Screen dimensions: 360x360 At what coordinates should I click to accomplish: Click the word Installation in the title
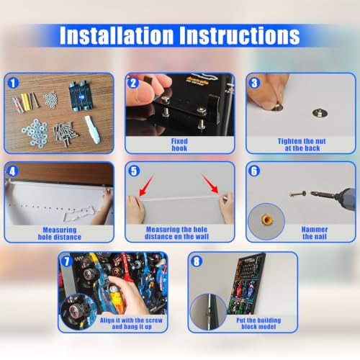point(117,35)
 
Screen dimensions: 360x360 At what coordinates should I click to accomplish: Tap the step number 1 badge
point(13,83)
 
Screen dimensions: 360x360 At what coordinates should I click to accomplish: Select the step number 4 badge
point(12,171)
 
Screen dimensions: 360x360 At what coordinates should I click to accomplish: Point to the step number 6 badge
point(254,171)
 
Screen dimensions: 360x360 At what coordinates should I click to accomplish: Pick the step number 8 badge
point(197,261)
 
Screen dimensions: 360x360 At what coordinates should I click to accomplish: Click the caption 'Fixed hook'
point(179,145)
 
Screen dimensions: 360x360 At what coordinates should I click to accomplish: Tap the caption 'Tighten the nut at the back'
point(302,145)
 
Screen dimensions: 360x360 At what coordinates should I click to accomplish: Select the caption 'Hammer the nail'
point(315,233)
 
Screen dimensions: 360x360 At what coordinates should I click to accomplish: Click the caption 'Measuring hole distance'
point(60,233)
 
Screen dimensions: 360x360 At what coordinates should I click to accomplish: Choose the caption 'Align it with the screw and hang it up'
point(131,323)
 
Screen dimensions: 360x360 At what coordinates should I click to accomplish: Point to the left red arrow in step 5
point(146,185)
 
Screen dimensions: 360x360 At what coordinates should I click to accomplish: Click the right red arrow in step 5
point(210,184)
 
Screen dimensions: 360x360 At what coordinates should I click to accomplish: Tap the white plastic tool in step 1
point(92,130)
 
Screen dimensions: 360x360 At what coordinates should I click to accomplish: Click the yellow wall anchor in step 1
point(25,102)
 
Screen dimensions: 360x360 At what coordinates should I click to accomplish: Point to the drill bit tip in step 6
point(312,193)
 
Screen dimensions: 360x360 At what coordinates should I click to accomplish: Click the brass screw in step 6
point(297,194)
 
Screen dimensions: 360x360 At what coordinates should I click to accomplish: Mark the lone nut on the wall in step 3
point(320,113)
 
